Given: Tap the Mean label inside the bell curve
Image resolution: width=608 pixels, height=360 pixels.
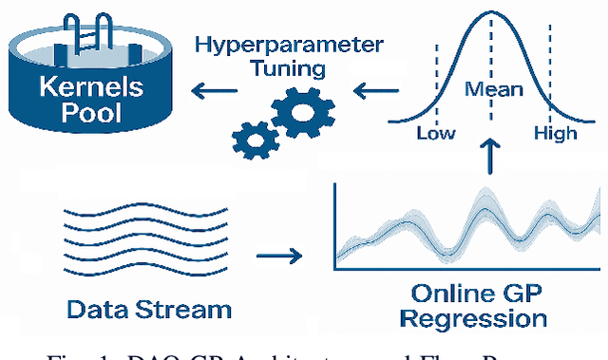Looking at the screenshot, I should [493, 90].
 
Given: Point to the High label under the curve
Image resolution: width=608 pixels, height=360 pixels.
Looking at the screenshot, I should [555, 134].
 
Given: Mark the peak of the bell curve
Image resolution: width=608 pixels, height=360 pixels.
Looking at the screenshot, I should [491, 11].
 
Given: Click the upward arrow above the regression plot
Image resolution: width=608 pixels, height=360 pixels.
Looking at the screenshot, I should [491, 156].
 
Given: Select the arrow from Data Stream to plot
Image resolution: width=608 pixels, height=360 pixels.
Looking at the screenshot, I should [277, 255].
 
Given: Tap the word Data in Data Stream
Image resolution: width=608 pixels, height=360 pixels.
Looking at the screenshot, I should [101, 309].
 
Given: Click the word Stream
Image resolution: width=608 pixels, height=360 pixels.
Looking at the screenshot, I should [184, 309].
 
